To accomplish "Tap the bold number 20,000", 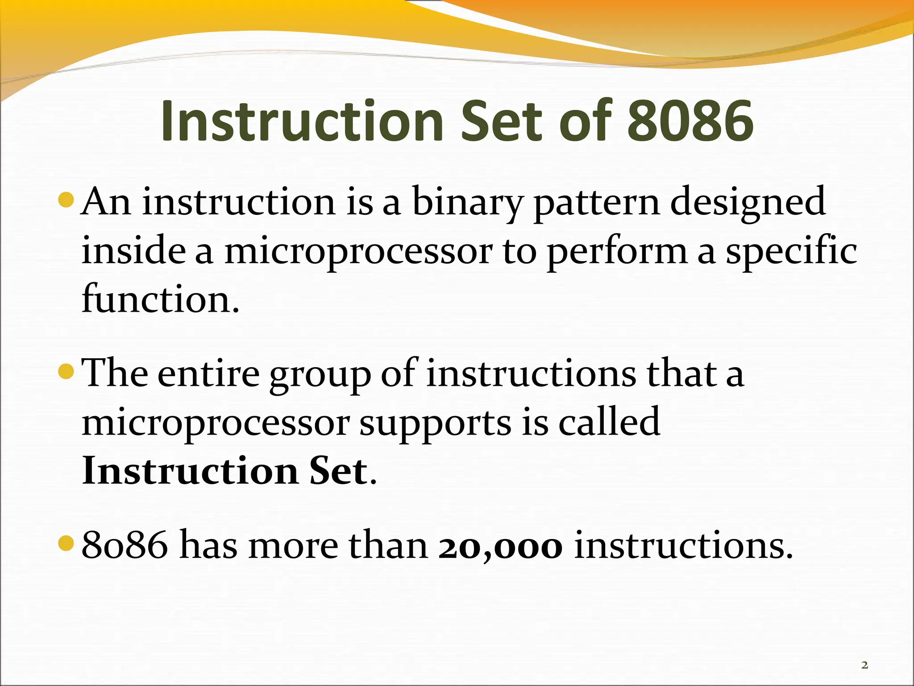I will click(500, 546).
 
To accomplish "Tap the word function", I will click(160, 298).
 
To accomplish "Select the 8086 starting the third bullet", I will click(125, 546).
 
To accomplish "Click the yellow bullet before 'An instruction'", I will click(66, 200).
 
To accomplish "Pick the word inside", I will click(133, 250).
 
